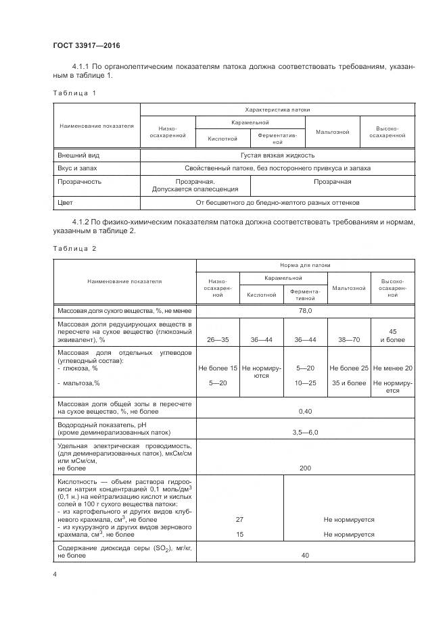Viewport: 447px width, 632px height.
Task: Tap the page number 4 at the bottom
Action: pyautogui.click(x=55, y=574)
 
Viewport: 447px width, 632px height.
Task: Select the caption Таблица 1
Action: pyautogui.click(x=74, y=93)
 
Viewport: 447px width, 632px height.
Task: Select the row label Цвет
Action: pyautogui.click(x=66, y=202)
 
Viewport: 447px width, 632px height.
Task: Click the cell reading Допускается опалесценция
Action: pyautogui.click(x=195, y=189)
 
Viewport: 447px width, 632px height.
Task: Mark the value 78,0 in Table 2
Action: pyautogui.click(x=305, y=310)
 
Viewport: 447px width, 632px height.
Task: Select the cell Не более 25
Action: pyautogui.click(x=348, y=368)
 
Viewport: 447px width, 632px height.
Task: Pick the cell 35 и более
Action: pyautogui.click(x=348, y=383)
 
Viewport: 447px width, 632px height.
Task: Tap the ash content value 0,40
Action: pyautogui.click(x=305, y=410)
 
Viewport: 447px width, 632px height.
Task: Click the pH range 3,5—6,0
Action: pyautogui.click(x=305, y=431)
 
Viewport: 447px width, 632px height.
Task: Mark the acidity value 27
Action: pyautogui.click(x=239, y=519)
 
